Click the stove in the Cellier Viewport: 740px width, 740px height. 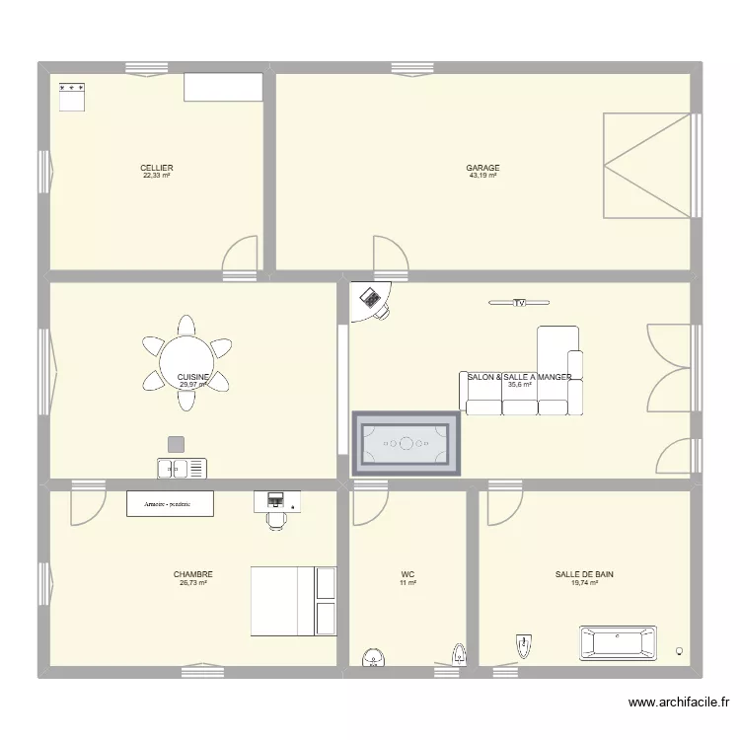(73, 97)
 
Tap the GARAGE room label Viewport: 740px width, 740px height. (482, 168)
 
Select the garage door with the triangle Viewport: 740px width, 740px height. (645, 165)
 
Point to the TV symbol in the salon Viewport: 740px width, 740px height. (519, 303)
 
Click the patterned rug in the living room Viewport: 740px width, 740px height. (407, 443)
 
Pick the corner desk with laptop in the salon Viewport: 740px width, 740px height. (372, 301)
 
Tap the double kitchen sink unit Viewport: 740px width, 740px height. (183, 468)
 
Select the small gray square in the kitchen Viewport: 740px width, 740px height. (176, 444)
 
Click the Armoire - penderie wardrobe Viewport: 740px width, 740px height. (170, 503)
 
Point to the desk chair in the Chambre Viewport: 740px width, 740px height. (276, 520)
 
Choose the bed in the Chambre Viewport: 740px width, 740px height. (294, 601)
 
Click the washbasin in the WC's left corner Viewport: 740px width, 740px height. (373, 656)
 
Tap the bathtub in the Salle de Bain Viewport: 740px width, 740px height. (619, 641)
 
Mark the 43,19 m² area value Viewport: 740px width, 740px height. (482, 176)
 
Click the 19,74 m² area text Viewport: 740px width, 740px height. (584, 583)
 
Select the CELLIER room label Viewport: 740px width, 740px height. (156, 168)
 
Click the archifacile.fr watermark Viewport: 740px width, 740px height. (678, 703)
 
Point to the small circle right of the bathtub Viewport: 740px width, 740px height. (679, 650)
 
